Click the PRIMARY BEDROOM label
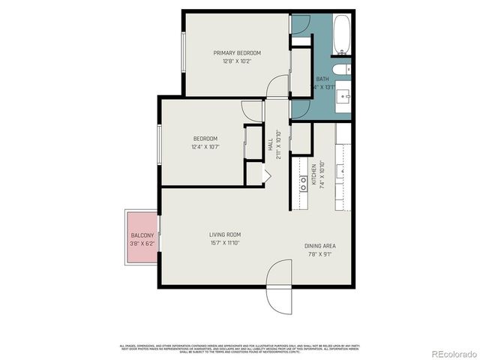(x=237, y=52)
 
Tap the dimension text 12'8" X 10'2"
(x=237, y=61)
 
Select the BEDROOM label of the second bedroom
(x=205, y=139)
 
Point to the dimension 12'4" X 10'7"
(x=205, y=148)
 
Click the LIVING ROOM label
(x=224, y=235)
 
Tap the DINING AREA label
(x=319, y=245)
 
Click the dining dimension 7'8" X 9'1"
(x=319, y=254)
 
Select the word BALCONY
(x=142, y=235)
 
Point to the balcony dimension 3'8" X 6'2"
(x=142, y=244)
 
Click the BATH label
(x=322, y=79)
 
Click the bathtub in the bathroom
(x=342, y=35)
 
